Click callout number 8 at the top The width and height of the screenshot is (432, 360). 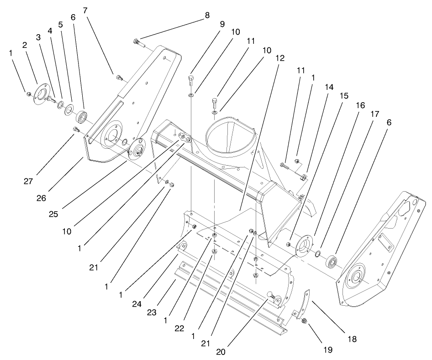(207, 15)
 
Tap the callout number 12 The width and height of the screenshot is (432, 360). (279, 58)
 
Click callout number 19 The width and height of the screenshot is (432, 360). (329, 350)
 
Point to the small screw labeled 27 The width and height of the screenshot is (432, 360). (76, 131)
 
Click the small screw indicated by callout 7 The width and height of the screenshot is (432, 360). (120, 78)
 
